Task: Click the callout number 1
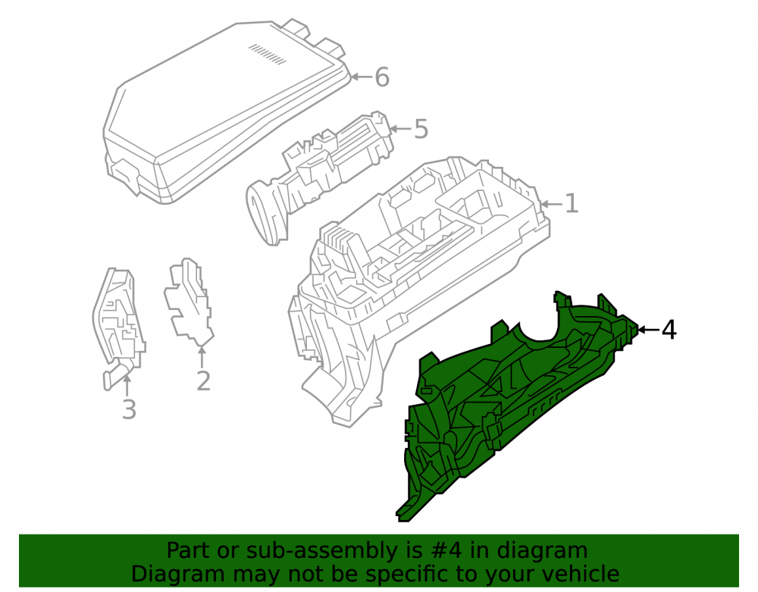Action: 572,203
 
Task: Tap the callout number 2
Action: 203,381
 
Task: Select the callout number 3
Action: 129,409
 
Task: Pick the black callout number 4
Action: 669,330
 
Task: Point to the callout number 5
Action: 421,129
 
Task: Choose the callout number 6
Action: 382,77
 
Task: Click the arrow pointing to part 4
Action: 648,330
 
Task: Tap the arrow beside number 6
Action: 361,77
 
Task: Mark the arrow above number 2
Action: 202,357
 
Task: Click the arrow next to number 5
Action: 400,129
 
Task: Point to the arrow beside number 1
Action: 552,204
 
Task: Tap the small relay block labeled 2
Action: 189,302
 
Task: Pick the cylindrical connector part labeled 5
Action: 319,179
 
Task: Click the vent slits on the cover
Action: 268,54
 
